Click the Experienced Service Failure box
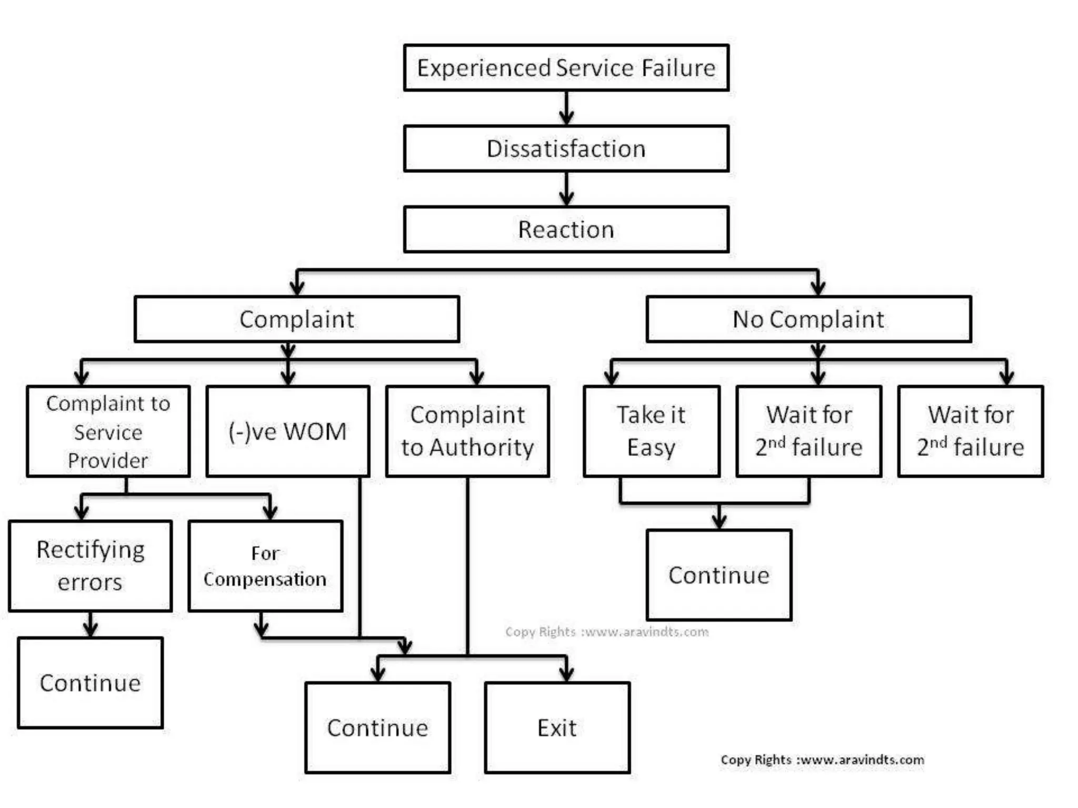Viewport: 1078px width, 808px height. tap(566, 68)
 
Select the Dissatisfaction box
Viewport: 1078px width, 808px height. tap(566, 149)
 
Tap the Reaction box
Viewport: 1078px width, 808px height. tap(566, 230)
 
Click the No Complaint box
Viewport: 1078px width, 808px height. tap(808, 319)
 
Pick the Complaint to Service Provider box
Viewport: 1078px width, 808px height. tap(108, 431)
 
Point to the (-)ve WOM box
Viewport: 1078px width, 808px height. tap(287, 431)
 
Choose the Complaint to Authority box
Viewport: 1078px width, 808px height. tap(467, 431)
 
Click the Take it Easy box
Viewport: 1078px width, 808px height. tap(651, 431)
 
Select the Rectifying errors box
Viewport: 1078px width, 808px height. tap(90, 566)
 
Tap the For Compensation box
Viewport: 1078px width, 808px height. tap(265, 566)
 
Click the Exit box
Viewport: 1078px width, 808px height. tap(557, 728)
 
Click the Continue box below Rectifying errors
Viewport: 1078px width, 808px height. tap(90, 683)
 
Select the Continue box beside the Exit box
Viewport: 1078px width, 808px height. tap(377, 728)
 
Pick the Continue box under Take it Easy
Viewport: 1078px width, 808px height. tap(719, 575)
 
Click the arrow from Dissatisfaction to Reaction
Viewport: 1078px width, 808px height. tap(566, 189)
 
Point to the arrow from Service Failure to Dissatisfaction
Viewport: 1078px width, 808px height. tap(566, 108)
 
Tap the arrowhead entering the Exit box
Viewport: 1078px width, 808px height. tap(566, 674)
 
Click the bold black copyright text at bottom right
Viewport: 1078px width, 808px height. tap(822, 760)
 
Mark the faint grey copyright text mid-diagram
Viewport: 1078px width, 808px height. tap(606, 632)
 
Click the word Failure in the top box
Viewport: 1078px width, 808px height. tap(678, 68)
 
